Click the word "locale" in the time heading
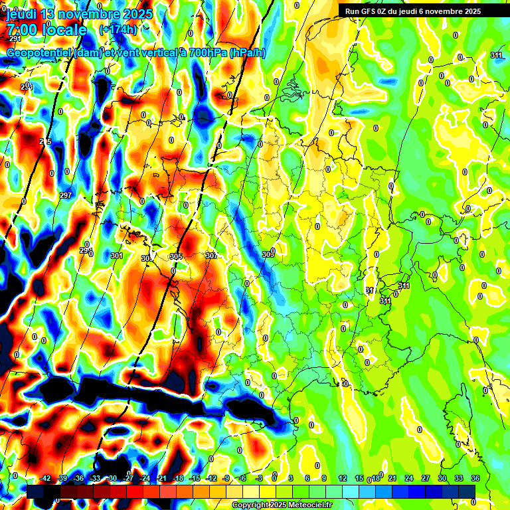(x=63, y=30)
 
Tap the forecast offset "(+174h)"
(x=118, y=30)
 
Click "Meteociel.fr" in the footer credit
(x=310, y=505)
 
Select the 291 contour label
(x=15, y=39)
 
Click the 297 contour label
(x=66, y=195)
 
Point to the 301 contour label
(x=117, y=256)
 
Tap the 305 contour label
(x=176, y=256)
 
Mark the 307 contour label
(x=211, y=256)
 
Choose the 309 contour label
(x=268, y=254)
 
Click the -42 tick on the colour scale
(x=45, y=478)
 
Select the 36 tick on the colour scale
(x=475, y=478)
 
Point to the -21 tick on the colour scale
(x=161, y=478)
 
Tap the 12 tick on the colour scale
(x=343, y=478)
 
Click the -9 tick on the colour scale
(x=226, y=478)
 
